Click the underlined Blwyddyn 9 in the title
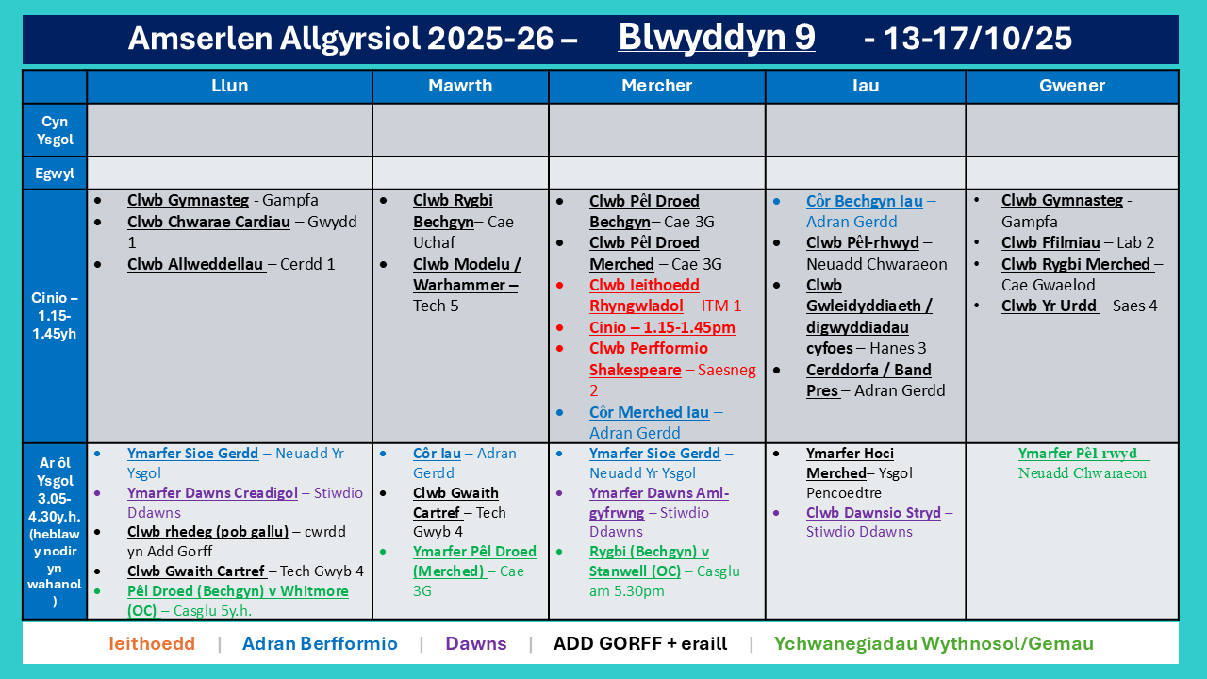click(716, 37)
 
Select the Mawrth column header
click(460, 86)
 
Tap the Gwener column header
click(1072, 86)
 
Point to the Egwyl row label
click(55, 174)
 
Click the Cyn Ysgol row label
click(55, 130)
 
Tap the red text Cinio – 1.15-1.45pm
click(662, 327)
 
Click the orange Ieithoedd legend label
click(152, 643)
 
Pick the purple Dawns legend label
click(476, 643)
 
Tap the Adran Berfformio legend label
click(320, 643)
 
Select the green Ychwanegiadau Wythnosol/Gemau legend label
click(934, 643)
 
